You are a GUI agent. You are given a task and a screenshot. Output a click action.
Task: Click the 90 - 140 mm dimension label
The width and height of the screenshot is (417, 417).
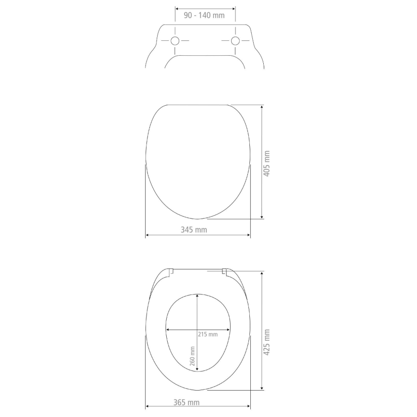point(204,15)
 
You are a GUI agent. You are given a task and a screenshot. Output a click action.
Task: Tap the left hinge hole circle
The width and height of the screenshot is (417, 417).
point(175,41)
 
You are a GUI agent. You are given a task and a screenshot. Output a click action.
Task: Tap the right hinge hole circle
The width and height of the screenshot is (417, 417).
point(235,41)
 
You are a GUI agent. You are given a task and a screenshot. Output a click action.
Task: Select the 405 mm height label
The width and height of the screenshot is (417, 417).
point(267,163)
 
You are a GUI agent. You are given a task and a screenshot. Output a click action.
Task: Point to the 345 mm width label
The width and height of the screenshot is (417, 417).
point(194,230)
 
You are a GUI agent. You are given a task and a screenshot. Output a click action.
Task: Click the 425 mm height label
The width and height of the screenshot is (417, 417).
point(267,342)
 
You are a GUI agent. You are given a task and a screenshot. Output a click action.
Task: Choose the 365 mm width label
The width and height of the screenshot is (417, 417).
point(186,402)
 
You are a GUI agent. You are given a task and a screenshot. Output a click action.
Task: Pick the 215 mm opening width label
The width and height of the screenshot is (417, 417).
point(208,334)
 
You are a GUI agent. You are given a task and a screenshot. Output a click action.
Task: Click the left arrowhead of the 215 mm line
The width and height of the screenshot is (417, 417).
point(168,330)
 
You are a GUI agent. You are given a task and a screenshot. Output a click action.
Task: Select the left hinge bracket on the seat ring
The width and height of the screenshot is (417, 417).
point(171,272)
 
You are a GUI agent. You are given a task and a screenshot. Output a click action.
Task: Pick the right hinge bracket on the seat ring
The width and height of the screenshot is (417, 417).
point(224,272)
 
